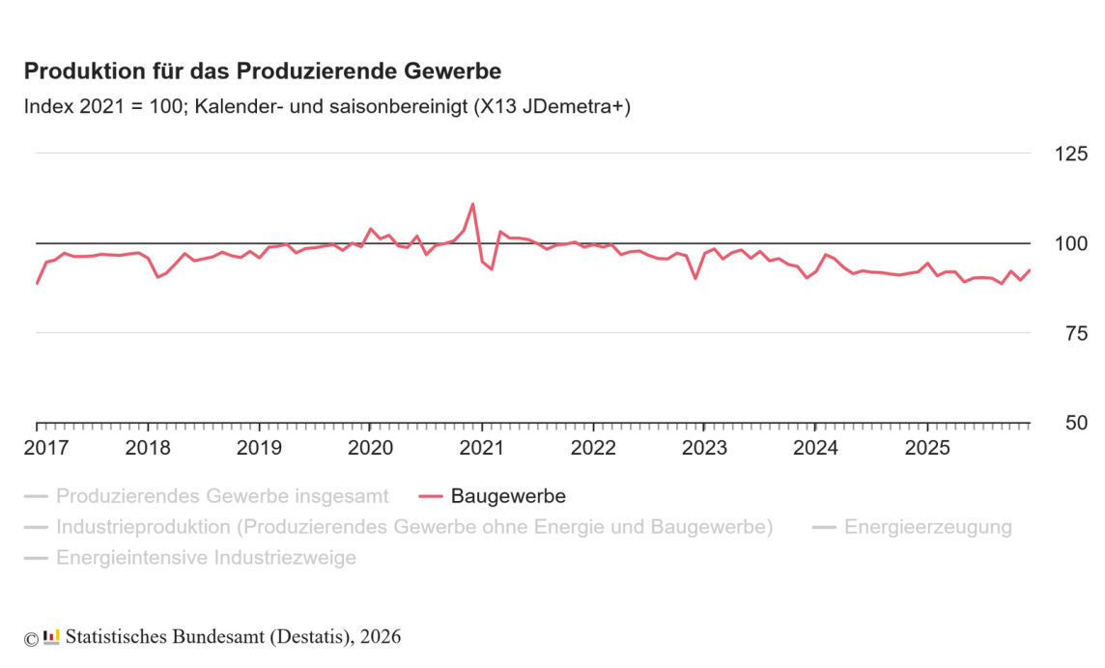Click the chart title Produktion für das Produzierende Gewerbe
tap(263, 72)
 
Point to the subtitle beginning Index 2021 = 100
tap(327, 107)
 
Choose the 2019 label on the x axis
tap(259, 448)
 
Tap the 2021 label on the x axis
tap(482, 448)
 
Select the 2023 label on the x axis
tap(704, 448)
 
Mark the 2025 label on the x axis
tap(927, 448)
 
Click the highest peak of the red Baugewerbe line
tap(472, 204)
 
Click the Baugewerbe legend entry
tap(508, 496)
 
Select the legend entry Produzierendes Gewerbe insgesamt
tap(222, 496)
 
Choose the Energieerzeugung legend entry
tap(927, 527)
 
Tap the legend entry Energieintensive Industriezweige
tap(206, 558)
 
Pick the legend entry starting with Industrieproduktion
tap(414, 527)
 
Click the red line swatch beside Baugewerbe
tap(431, 496)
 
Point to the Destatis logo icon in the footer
tap(52, 636)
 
